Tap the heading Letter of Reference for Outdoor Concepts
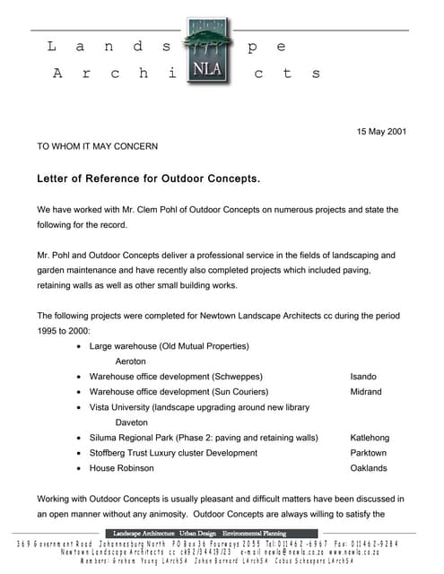point(148,178)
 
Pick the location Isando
point(363,377)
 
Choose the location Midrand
point(366,392)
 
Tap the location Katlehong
point(370,438)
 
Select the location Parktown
point(369,453)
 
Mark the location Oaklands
point(369,468)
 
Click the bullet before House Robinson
point(80,468)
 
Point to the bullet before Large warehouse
point(80,346)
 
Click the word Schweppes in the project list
point(236,377)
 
